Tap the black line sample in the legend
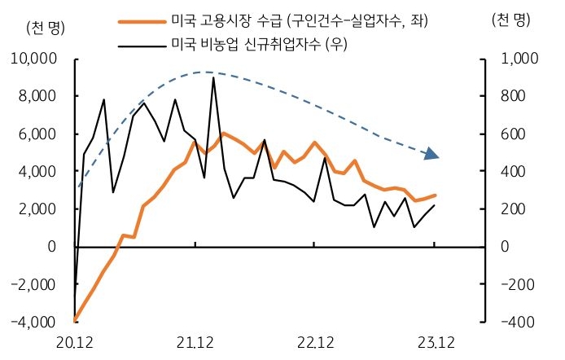(x=141, y=45)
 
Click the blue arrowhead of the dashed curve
(x=432, y=155)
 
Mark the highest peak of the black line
(x=213, y=78)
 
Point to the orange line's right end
(x=435, y=195)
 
